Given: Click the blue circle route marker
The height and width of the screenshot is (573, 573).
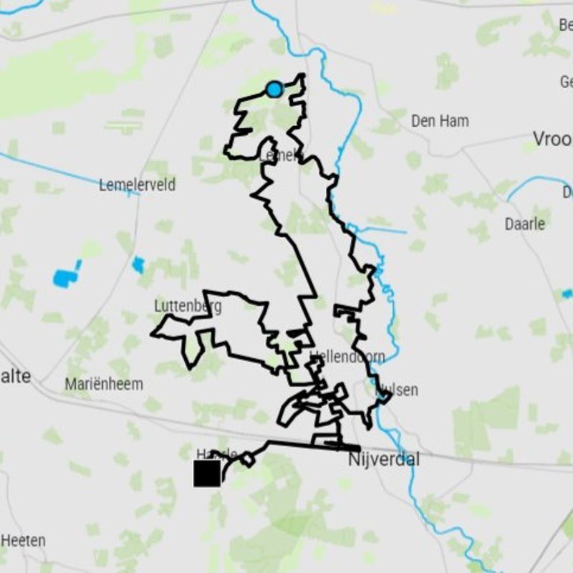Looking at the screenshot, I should (274, 89).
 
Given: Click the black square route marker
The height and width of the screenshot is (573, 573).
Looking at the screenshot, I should (207, 473).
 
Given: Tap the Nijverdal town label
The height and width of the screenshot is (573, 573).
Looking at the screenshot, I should (383, 459).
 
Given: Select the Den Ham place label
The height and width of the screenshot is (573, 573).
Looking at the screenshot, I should (440, 121).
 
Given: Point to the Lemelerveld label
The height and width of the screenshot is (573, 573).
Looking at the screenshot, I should (137, 185).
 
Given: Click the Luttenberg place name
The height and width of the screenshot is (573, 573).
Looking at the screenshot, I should (188, 306).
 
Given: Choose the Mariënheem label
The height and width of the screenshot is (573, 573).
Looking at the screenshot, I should (104, 384).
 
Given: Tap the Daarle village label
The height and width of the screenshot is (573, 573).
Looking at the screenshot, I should (524, 223).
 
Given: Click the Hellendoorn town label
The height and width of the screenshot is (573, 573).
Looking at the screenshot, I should (348, 356).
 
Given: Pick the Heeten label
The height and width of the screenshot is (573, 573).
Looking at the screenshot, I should (24, 540).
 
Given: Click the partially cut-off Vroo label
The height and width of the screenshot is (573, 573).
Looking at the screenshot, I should (552, 138).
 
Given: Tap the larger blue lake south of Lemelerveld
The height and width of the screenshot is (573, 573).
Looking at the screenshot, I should (65, 276).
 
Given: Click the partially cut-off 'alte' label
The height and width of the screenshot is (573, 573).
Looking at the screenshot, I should (16, 376).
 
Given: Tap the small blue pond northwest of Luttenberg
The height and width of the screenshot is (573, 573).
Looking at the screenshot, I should (138, 265).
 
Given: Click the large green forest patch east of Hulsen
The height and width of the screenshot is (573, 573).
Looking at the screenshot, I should (494, 415).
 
